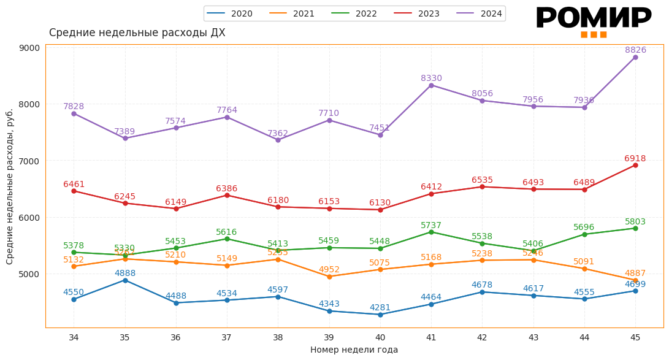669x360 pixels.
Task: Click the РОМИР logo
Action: tap(593, 20)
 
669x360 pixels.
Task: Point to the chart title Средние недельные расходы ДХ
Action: tap(137, 33)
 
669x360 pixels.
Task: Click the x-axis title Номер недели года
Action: tap(354, 350)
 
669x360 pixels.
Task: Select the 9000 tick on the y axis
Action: tap(29, 48)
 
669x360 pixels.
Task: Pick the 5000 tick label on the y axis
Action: tap(29, 274)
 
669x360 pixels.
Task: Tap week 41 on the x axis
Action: tap(431, 337)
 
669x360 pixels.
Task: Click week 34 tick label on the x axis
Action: tap(74, 337)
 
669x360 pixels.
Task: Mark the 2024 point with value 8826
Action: tap(635, 57)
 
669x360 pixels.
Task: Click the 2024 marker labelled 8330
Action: tap(431, 85)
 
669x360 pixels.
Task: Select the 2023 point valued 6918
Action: tap(635, 165)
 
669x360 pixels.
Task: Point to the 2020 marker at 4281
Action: tap(380, 315)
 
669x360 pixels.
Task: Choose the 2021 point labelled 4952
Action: tap(329, 277)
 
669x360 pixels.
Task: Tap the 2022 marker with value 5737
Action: tap(431, 232)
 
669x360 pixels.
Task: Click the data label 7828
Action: tap(74, 107)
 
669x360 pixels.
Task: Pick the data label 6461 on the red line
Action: tap(74, 185)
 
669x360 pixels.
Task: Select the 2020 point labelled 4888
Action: tap(125, 280)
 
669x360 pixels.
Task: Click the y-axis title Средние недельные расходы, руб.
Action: tap(10, 186)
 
